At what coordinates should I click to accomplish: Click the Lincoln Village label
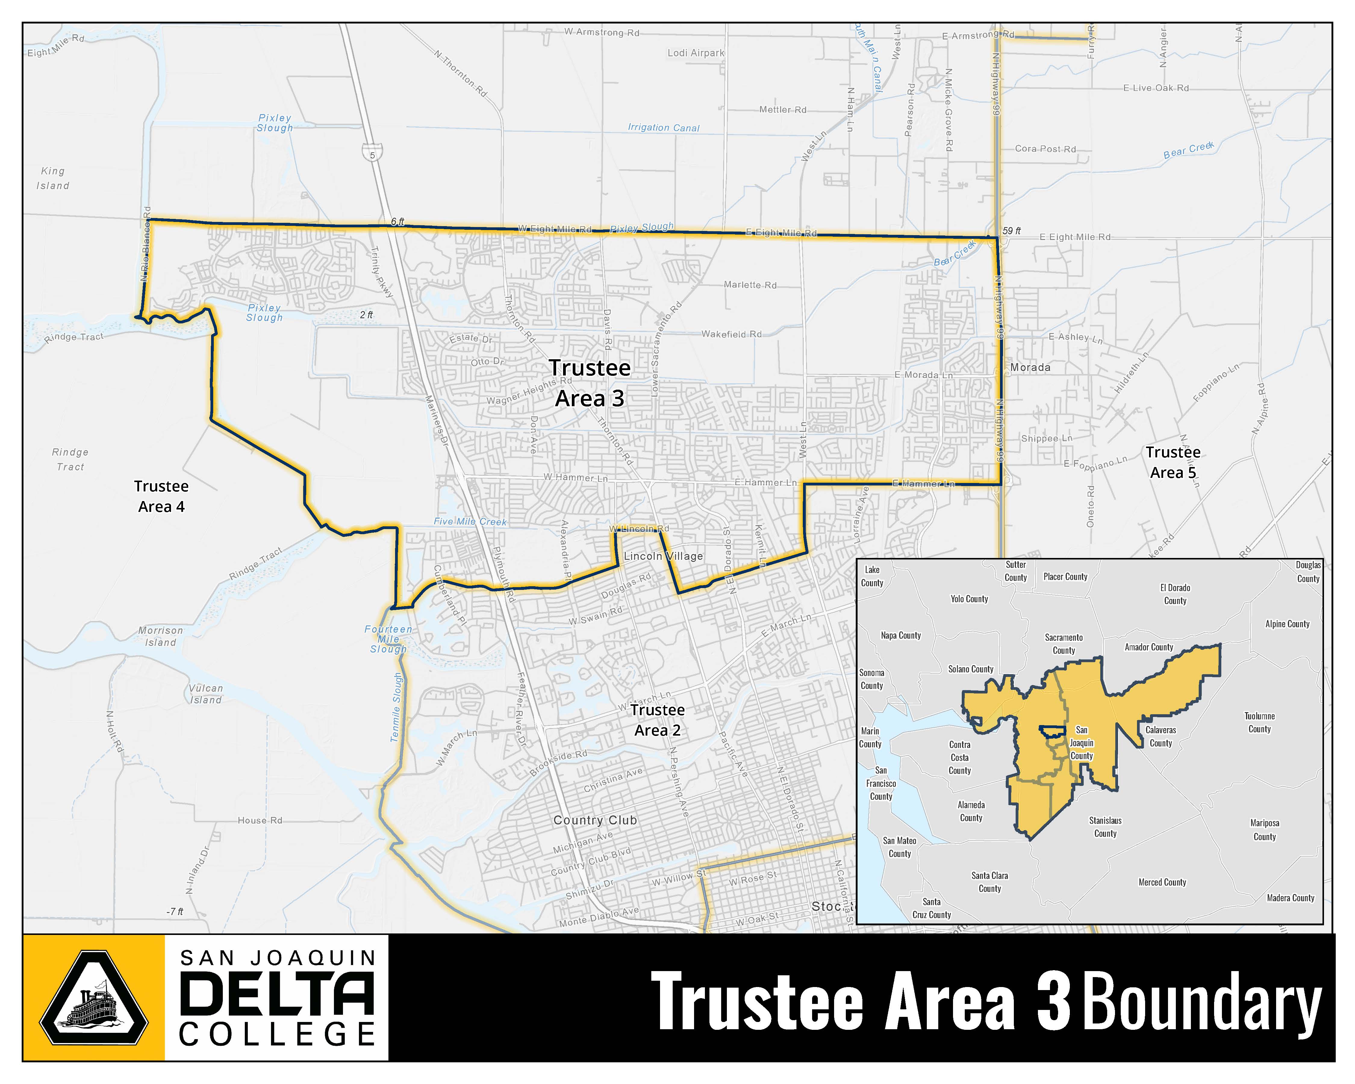(x=663, y=556)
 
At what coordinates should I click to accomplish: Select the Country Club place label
(x=595, y=820)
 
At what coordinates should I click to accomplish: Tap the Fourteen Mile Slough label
(x=388, y=639)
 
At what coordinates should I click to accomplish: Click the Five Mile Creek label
(x=470, y=522)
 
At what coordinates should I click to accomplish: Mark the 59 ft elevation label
(x=1011, y=231)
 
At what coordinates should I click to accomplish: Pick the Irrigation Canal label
(x=664, y=128)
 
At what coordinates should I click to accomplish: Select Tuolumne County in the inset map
(x=1260, y=723)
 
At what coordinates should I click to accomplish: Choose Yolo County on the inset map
(x=969, y=599)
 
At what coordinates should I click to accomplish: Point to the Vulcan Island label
(x=206, y=694)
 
